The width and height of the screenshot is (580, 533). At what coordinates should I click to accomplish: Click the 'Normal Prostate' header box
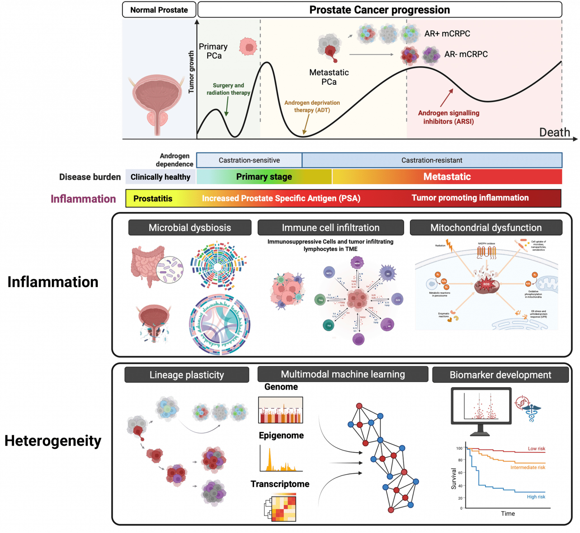(159, 10)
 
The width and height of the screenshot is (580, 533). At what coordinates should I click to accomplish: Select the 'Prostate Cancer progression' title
(379, 10)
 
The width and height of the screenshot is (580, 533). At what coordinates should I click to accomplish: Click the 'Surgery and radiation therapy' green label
(228, 89)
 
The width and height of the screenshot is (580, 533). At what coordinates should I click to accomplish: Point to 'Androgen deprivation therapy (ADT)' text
(312, 106)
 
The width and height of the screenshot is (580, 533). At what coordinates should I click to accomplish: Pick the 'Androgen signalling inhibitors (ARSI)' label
(449, 117)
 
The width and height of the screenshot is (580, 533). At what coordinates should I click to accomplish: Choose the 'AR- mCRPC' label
(466, 54)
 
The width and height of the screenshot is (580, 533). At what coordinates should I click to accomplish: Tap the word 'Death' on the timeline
(554, 132)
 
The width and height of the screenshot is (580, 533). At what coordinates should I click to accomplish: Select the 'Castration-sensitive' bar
(249, 160)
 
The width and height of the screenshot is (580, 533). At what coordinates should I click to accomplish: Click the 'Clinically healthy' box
(160, 177)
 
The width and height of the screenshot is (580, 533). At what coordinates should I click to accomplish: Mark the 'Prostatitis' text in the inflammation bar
(153, 199)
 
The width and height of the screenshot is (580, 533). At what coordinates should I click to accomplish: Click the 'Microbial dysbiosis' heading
(189, 228)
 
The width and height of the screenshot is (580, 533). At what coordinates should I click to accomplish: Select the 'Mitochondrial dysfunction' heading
(486, 228)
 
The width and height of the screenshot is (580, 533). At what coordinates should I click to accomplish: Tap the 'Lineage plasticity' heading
(187, 375)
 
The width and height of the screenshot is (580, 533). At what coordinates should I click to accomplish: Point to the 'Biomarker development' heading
(500, 375)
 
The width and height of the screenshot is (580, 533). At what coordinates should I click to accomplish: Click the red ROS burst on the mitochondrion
(486, 284)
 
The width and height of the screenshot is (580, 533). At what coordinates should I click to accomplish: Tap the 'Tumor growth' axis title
(191, 72)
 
